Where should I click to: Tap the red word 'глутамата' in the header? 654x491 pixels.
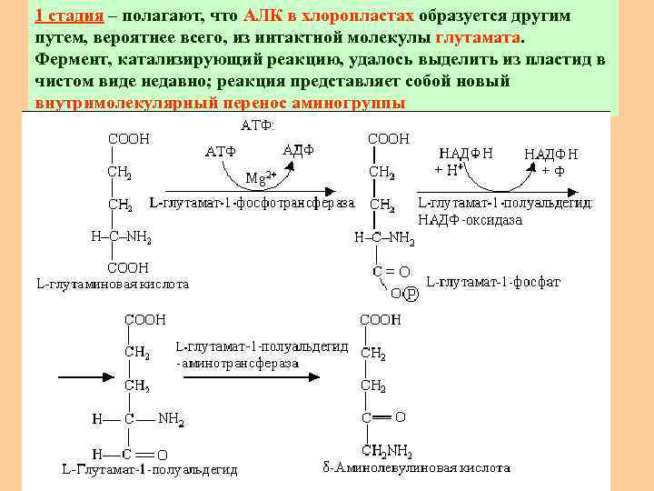pyautogui.click(x=479, y=38)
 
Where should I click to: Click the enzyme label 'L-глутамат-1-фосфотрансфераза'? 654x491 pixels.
pyautogui.click(x=253, y=202)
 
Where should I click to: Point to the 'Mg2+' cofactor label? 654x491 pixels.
pyautogui.click(x=262, y=175)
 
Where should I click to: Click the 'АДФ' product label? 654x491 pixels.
pyautogui.click(x=299, y=149)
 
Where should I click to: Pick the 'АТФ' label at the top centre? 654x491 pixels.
pyautogui.click(x=254, y=125)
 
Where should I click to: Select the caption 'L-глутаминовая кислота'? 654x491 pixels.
pyautogui.click(x=113, y=284)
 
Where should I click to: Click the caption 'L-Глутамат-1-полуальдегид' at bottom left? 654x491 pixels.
pyautogui.click(x=149, y=469)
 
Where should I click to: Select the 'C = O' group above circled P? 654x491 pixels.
pyautogui.click(x=391, y=271)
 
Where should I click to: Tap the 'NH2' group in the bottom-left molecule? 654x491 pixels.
pyautogui.click(x=171, y=419)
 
